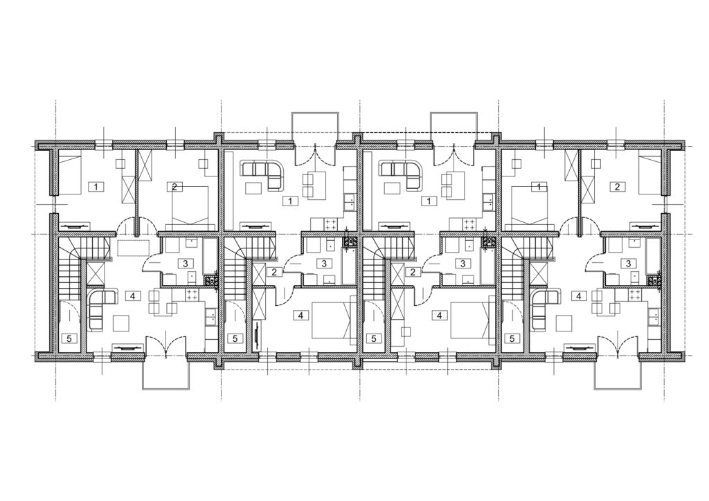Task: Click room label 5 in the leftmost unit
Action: click(x=69, y=338)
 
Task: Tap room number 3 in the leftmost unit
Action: click(x=185, y=263)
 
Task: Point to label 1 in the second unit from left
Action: click(x=290, y=201)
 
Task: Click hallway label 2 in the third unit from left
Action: click(x=413, y=271)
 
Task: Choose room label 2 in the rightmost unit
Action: click(x=618, y=186)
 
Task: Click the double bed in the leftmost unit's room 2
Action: click(x=190, y=206)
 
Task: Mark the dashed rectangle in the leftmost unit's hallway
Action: click(x=133, y=248)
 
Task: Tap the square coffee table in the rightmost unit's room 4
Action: click(x=564, y=323)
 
